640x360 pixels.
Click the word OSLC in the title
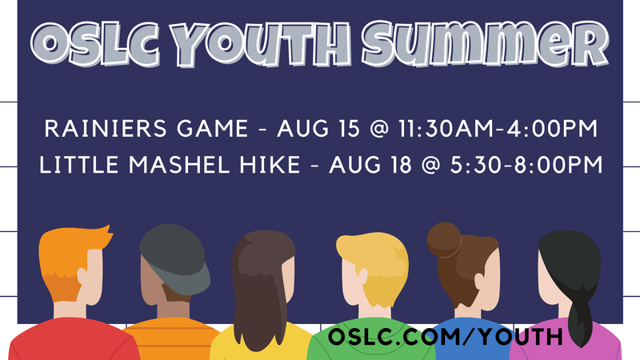95,45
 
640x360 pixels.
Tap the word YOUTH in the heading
261,45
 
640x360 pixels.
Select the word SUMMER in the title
486,44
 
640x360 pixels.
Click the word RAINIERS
106,129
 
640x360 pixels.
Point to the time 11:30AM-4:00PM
498,129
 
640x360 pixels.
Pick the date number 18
401,165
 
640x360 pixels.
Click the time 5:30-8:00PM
526,165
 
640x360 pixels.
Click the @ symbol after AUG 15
379,129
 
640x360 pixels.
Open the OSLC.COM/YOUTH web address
446,336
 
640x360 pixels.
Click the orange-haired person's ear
82,275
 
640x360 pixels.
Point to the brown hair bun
444,240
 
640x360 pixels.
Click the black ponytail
578,314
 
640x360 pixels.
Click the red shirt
74,339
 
